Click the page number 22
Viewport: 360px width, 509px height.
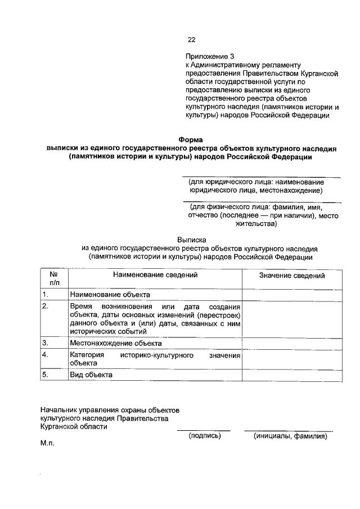191,39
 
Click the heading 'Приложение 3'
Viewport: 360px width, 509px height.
209,57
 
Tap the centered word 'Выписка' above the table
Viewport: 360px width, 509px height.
193,239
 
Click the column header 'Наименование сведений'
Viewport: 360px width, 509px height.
155,276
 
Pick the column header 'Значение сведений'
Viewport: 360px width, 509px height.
292,276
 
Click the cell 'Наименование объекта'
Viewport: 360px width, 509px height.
110,295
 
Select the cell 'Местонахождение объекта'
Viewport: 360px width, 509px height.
116,343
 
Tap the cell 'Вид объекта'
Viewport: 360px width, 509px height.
91,375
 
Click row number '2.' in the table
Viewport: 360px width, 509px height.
46,306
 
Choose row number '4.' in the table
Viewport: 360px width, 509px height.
46,355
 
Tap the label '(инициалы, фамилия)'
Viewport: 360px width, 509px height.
290,435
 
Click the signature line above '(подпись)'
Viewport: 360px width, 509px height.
204,430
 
